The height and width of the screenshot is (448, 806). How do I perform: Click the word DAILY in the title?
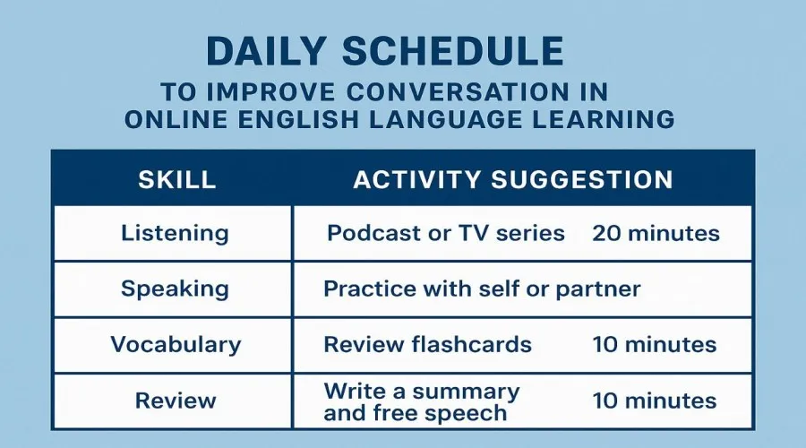[x=266, y=51]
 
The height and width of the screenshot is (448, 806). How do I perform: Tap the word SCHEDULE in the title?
[x=453, y=51]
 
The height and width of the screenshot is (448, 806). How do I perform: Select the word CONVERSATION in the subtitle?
[x=458, y=92]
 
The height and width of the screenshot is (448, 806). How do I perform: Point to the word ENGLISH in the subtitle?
[x=298, y=119]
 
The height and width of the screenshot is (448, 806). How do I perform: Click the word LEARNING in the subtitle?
[x=603, y=119]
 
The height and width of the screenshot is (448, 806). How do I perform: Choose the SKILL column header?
[x=176, y=179]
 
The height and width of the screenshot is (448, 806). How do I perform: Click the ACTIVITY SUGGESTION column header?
[x=513, y=179]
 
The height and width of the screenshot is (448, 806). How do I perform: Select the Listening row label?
[x=175, y=234]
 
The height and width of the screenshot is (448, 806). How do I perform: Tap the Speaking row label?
[x=175, y=289]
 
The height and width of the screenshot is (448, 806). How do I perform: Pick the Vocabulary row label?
[x=176, y=345]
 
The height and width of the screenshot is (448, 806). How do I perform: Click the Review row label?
[x=176, y=401]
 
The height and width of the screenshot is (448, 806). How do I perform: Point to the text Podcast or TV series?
[x=446, y=234]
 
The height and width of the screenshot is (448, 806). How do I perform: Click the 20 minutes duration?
[x=656, y=234]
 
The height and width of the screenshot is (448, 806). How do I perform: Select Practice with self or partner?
[x=482, y=289]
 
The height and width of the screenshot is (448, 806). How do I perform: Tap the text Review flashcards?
[x=428, y=345]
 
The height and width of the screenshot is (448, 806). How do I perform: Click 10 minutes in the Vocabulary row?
[x=655, y=345]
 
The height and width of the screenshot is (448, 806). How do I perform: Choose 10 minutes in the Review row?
[x=655, y=401]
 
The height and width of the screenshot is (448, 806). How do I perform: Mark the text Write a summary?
[x=422, y=392]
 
